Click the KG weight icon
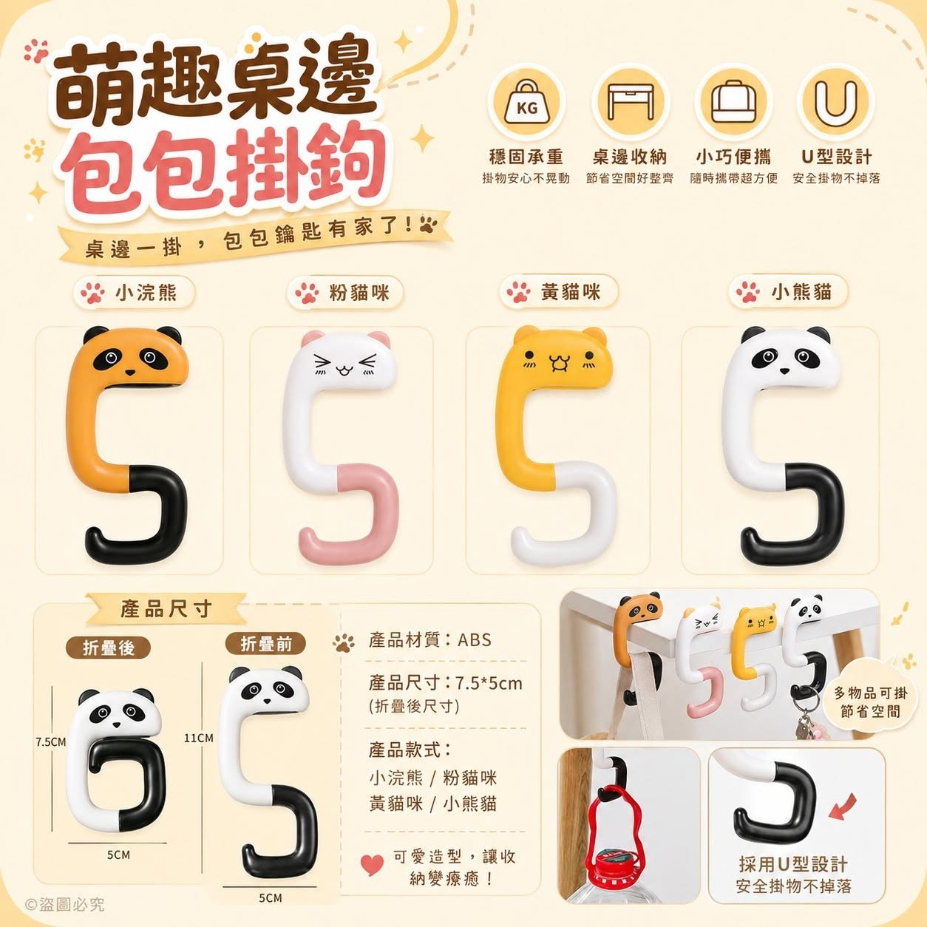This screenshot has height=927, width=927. click(x=527, y=103)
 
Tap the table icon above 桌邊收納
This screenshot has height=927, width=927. click(x=630, y=103)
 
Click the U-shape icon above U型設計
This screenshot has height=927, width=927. click(x=837, y=103)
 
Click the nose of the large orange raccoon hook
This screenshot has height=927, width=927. click(x=129, y=372)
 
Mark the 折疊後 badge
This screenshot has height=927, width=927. click(x=108, y=648)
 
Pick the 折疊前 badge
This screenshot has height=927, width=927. click(x=265, y=643)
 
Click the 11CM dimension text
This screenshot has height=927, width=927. click(x=198, y=738)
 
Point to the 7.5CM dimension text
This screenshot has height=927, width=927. click(x=50, y=741)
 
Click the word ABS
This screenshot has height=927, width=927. click(x=475, y=640)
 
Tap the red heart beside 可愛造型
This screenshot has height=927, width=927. click(x=373, y=864)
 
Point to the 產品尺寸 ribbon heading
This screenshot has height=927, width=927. click(x=166, y=608)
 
